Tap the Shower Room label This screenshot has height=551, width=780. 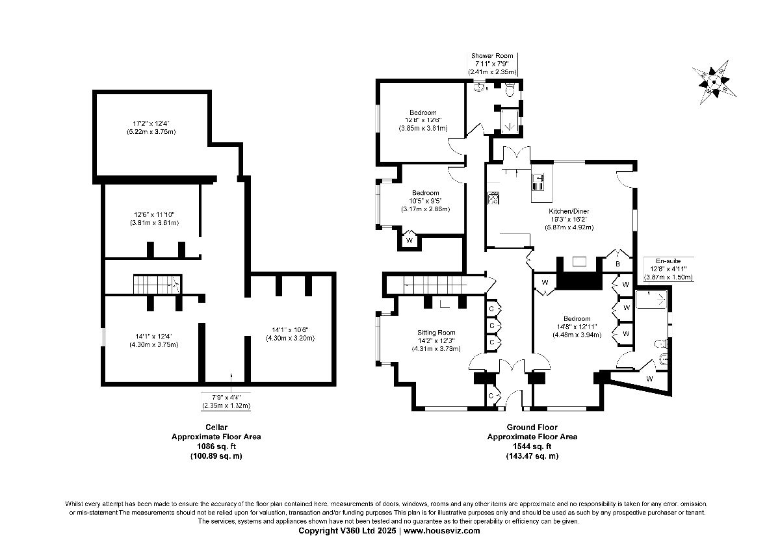point(492,56)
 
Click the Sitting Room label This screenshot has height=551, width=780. point(436,332)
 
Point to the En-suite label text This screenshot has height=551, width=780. point(668,261)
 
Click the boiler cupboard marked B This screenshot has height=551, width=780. point(617,264)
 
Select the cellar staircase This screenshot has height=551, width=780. point(157,284)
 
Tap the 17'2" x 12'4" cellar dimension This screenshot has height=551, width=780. point(151,123)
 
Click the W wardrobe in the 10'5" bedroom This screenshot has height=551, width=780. point(409,240)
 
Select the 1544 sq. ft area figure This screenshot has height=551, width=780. point(532,446)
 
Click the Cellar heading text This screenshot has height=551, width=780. point(216,427)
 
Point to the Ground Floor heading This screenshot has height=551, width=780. point(532,427)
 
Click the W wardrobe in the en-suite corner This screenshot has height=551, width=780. point(649,378)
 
